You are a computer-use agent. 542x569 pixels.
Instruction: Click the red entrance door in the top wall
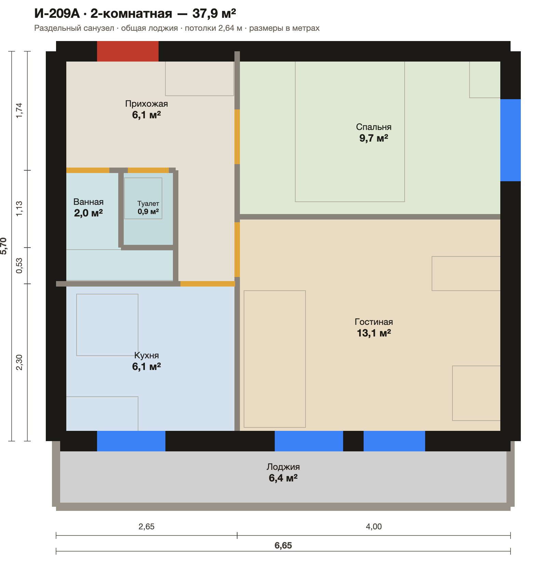[128, 51]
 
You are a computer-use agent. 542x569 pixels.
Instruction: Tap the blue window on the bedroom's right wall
[511, 140]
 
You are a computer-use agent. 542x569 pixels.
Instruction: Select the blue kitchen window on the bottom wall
[131, 441]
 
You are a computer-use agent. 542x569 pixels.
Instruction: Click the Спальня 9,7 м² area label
[374, 133]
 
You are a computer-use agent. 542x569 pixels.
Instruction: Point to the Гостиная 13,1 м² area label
[374, 328]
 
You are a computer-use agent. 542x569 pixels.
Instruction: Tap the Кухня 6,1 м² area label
[147, 361]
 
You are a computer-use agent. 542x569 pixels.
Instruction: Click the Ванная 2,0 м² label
[89, 208]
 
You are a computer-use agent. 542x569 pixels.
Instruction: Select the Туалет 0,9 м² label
[148, 208]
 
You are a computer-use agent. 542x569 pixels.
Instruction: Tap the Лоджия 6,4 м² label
[283, 473]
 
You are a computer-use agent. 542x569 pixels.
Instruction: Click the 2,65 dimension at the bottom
[147, 527]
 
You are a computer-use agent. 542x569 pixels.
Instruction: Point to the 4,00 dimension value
[374, 527]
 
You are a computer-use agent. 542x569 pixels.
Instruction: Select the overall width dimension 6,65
[283, 545]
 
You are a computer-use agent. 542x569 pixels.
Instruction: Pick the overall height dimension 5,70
[3, 246]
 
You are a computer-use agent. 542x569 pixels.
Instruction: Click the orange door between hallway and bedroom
[237, 137]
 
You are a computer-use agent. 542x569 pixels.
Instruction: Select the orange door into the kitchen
[208, 283]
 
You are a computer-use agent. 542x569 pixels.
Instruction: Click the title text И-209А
[57, 13]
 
